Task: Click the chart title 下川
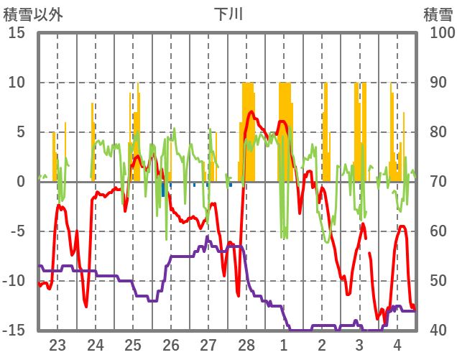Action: click(228, 14)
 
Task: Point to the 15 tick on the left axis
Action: click(17, 33)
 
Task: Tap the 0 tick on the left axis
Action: click(21, 182)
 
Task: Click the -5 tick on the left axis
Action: click(17, 231)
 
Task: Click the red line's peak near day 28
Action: click(251, 111)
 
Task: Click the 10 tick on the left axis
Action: click(17, 83)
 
